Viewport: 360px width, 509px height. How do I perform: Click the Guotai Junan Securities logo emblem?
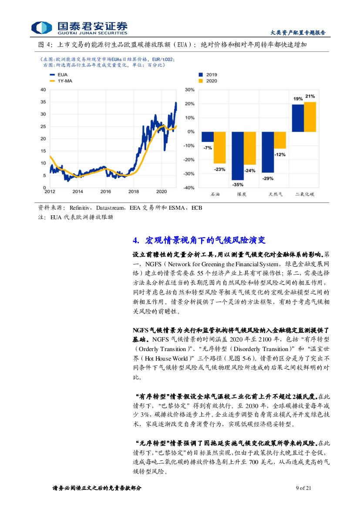[x=41, y=27]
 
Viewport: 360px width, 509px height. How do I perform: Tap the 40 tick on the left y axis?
[x=43, y=90]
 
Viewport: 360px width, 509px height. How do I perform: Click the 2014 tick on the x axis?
[x=77, y=191]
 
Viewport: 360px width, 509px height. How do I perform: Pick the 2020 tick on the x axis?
[x=161, y=191]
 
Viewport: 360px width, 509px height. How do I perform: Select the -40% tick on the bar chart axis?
[x=189, y=188]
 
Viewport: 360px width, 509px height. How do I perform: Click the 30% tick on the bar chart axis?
[x=190, y=90]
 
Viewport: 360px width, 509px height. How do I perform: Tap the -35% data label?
[x=237, y=184]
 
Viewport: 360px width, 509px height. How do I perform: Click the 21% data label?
[x=310, y=97]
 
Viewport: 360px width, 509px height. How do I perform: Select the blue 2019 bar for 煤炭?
[x=237, y=156]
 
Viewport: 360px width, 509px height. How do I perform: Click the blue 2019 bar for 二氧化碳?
[x=298, y=118]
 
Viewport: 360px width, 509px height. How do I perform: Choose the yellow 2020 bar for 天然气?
[x=280, y=140]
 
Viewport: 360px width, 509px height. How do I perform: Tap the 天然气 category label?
[x=275, y=194]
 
